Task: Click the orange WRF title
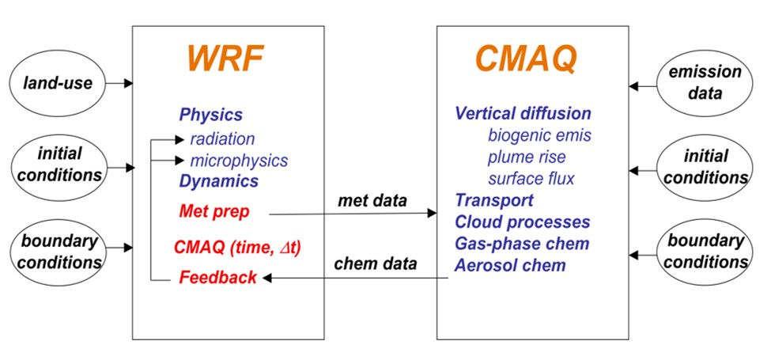click(225, 59)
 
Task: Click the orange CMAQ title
click(525, 59)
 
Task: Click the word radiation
click(222, 139)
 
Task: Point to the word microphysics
click(239, 161)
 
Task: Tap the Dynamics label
click(218, 181)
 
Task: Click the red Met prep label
click(214, 212)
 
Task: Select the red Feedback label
click(217, 277)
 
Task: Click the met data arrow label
click(372, 201)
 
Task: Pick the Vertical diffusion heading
click(523, 114)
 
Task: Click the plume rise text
click(527, 157)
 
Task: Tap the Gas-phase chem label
click(521, 244)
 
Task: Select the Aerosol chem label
click(510, 266)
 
